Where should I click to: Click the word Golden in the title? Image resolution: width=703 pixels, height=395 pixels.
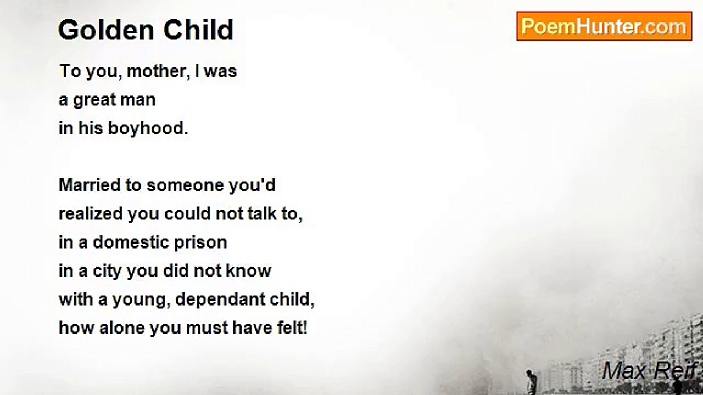tap(106, 30)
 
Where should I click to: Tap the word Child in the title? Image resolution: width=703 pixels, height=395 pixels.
tap(198, 30)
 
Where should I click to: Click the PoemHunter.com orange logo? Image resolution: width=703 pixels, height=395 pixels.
tap(604, 26)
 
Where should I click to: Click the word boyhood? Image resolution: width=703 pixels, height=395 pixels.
tap(148, 128)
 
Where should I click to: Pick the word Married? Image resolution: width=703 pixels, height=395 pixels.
tap(90, 185)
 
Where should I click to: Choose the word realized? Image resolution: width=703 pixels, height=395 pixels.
tap(91, 214)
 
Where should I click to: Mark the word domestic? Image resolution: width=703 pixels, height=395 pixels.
tap(131, 242)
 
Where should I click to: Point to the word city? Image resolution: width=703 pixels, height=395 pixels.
tap(107, 272)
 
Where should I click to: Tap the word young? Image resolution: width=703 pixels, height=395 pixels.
tap(138, 300)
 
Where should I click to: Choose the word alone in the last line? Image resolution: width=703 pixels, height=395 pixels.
tap(122, 328)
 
